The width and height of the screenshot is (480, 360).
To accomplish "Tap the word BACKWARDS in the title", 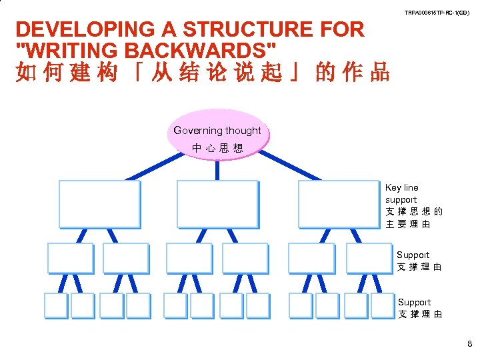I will tap(214, 50).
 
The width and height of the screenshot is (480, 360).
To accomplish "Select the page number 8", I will tap(469, 345).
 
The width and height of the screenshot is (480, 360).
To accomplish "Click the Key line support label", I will tap(401, 193).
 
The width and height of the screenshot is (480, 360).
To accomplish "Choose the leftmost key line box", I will tap(99, 204).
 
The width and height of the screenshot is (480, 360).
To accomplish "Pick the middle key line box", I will tap(217, 204).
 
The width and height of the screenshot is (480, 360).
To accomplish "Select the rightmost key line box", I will tap(339, 204).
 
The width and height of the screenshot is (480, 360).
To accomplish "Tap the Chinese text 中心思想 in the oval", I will tap(217, 147).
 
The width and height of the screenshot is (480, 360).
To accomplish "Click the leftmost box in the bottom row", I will tap(57, 305).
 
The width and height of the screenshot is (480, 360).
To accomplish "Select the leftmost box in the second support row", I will tap(71, 258).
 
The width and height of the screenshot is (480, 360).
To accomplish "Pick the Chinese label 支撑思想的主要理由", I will tap(413, 218).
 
